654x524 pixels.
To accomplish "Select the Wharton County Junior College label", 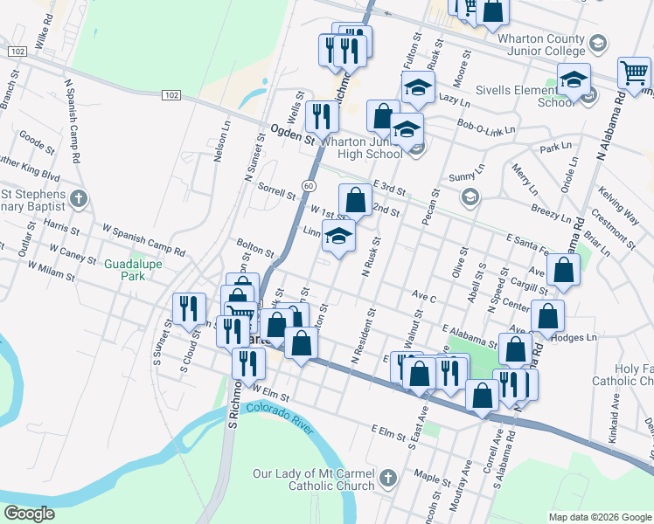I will point(542,44).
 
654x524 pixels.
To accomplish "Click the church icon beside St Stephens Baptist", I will point(80,199).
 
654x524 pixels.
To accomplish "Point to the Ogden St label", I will point(292,136).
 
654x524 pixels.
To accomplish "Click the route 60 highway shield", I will point(310,185).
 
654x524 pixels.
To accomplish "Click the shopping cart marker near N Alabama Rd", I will point(633,75).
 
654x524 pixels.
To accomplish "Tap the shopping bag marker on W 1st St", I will point(355,201).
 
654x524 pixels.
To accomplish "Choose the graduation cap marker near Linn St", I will point(338,236).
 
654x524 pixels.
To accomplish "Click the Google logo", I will point(29,514).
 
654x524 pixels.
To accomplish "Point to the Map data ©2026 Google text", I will point(599,517).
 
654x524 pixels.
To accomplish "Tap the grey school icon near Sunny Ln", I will point(470,197).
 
